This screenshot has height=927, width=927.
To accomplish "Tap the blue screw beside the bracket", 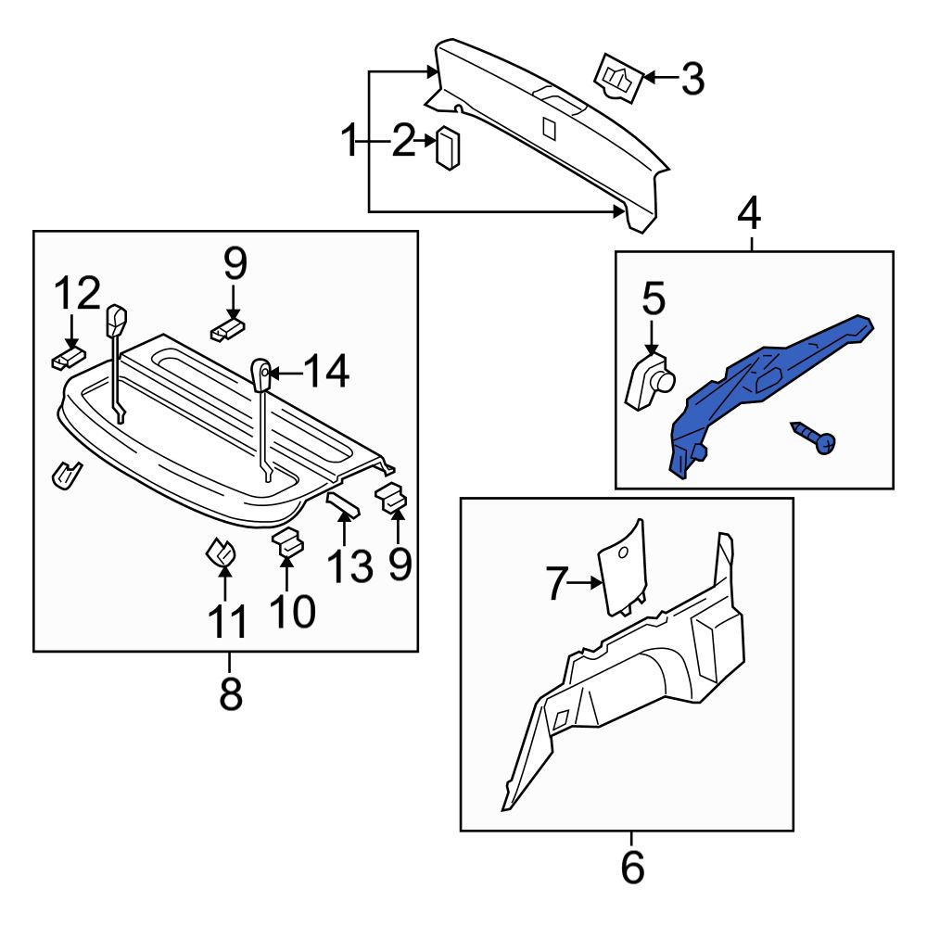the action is click(814, 438).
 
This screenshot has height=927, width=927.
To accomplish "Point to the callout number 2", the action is click(404, 141).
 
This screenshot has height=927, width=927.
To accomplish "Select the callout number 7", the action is click(557, 583).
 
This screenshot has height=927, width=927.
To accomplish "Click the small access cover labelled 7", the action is click(623, 567).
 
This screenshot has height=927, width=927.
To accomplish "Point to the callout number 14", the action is click(327, 372).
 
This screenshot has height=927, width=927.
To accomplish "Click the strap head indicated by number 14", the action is click(261, 374).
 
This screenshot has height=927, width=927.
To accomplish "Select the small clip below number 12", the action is click(69, 358).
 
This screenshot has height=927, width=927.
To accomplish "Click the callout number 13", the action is click(349, 565).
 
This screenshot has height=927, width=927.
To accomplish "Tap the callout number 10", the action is click(293, 610).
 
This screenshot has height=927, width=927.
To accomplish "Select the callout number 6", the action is click(632, 867).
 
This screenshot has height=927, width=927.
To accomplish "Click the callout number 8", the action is click(231, 692).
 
